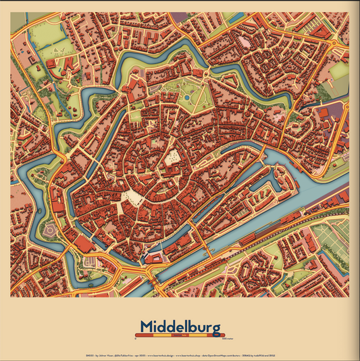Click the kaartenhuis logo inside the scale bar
point(180,334)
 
